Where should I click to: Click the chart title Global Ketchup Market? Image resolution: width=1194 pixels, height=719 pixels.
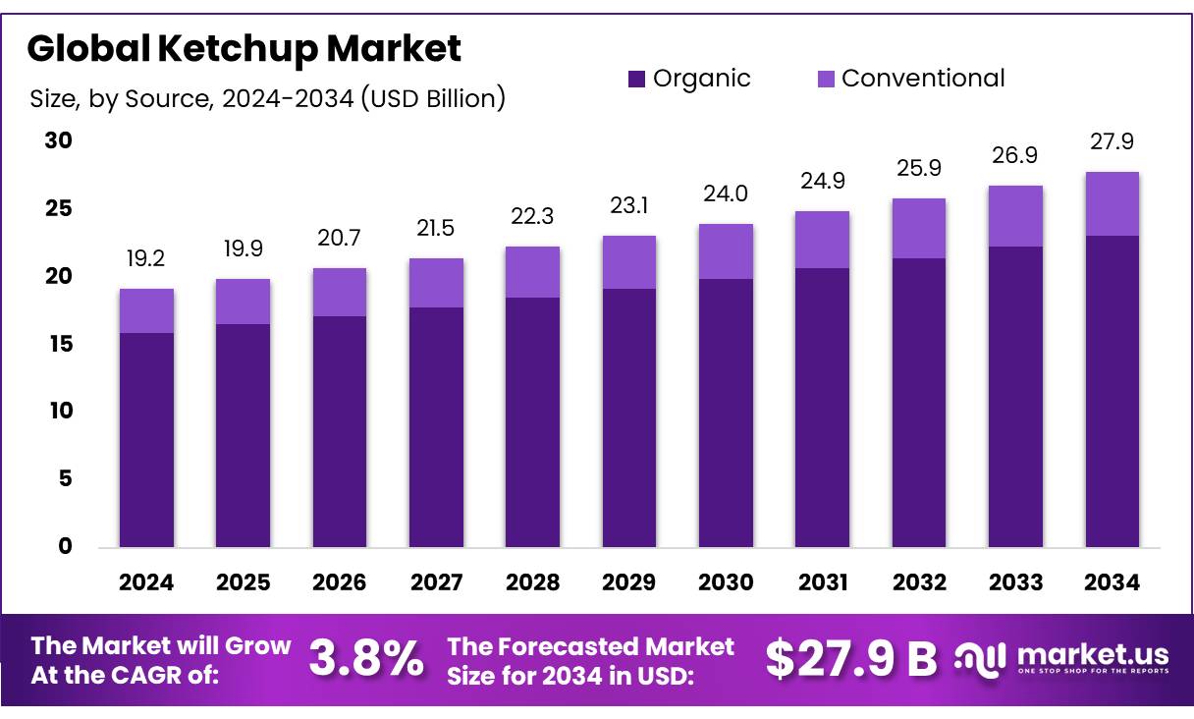tap(244, 46)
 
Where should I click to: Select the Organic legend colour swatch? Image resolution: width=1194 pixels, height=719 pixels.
tap(636, 79)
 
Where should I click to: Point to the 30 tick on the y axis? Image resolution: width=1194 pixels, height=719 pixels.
tap(59, 140)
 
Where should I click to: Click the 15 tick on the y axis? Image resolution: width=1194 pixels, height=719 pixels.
tap(59, 344)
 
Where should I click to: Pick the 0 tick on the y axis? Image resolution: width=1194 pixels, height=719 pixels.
tap(65, 546)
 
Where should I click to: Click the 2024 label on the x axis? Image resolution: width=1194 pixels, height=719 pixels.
tap(146, 582)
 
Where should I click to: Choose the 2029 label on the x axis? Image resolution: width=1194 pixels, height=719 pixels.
tap(629, 582)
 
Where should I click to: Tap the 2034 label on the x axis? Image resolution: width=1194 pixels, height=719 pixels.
tap(1113, 582)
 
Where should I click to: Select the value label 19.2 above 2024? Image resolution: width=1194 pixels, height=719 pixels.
tap(146, 258)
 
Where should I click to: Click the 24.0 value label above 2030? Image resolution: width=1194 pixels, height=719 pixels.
tap(726, 194)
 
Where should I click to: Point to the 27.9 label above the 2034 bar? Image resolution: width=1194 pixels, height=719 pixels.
tap(1113, 141)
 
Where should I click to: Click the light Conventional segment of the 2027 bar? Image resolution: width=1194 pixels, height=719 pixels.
tap(436, 283)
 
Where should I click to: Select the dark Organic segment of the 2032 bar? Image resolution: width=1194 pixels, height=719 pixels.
tap(919, 403)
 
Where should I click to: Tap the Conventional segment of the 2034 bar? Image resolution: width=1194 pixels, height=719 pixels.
tap(1113, 203)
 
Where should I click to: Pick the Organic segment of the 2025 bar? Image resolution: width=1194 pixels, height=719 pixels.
tap(244, 435)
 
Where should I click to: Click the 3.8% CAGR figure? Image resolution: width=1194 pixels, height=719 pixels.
tap(366, 659)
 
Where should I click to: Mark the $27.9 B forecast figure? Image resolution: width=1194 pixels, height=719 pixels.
tap(851, 659)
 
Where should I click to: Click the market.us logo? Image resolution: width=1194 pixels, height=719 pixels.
tap(1063, 658)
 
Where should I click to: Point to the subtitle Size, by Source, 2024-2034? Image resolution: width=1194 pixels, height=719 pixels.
tap(267, 98)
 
